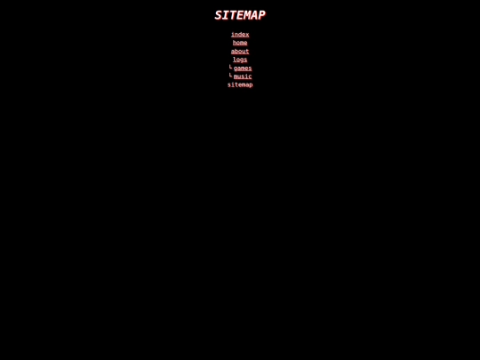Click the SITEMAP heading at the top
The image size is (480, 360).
[240, 15]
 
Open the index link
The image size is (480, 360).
[240, 35]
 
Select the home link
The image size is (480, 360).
[240, 43]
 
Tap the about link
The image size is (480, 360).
[240, 52]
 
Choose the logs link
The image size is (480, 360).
[240, 60]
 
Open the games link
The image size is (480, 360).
[243, 68]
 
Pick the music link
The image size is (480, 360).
[243, 76]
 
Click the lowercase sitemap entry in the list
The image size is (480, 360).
[240, 85]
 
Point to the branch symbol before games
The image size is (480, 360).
[230, 68]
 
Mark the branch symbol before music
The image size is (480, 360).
[230, 76]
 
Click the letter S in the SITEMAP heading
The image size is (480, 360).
[219, 15]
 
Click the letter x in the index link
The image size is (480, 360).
[247, 35]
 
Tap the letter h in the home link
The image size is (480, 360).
[235, 43]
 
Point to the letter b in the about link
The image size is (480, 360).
[236, 52]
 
